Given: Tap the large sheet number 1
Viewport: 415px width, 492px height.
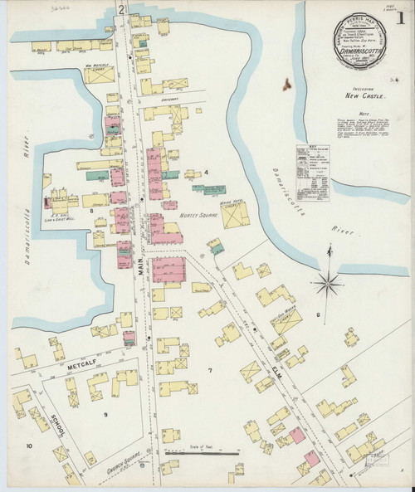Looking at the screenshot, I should [403, 17].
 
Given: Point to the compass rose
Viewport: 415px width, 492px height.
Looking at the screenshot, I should [330, 286].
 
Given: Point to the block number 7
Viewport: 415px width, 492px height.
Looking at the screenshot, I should [210, 369].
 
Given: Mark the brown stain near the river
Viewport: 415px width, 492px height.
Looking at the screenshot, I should [286, 83].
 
